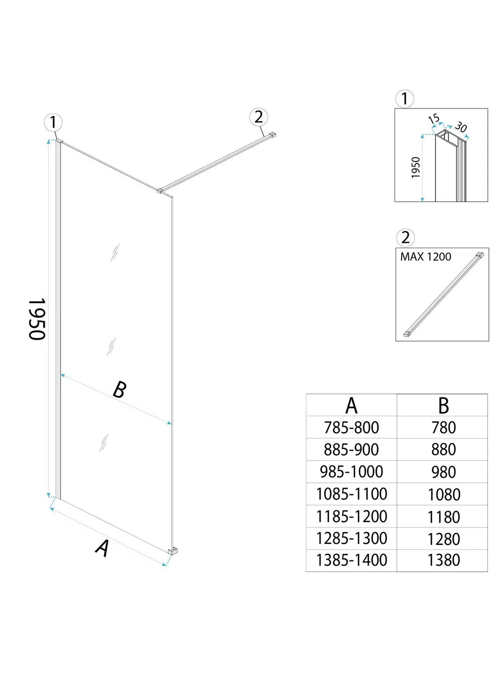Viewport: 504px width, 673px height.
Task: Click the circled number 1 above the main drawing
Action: [x=53, y=122]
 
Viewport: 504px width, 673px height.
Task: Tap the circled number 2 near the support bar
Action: [x=259, y=117]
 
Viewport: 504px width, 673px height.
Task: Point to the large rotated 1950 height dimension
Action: [x=37, y=319]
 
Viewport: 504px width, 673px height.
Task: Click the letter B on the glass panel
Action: [x=119, y=389]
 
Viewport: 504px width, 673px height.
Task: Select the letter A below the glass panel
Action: [x=102, y=548]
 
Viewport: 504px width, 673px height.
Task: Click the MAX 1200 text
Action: [x=425, y=257]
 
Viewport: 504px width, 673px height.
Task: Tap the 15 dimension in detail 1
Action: [x=433, y=119]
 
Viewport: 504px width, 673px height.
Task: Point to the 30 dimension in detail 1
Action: [x=461, y=127]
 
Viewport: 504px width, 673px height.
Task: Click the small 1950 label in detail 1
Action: [x=416, y=167]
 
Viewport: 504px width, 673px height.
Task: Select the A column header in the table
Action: [x=351, y=406]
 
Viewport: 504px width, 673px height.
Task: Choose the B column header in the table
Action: [x=443, y=406]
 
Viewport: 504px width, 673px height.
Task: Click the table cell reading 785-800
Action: [x=351, y=428]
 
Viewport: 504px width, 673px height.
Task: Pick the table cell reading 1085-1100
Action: [x=351, y=494]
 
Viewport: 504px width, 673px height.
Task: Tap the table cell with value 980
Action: [x=443, y=472]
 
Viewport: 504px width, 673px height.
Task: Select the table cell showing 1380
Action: [x=443, y=560]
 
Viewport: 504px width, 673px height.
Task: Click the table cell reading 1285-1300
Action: [x=351, y=538]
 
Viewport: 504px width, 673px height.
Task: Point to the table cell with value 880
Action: [x=443, y=450]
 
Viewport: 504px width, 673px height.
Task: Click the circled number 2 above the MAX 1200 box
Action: [x=405, y=237]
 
